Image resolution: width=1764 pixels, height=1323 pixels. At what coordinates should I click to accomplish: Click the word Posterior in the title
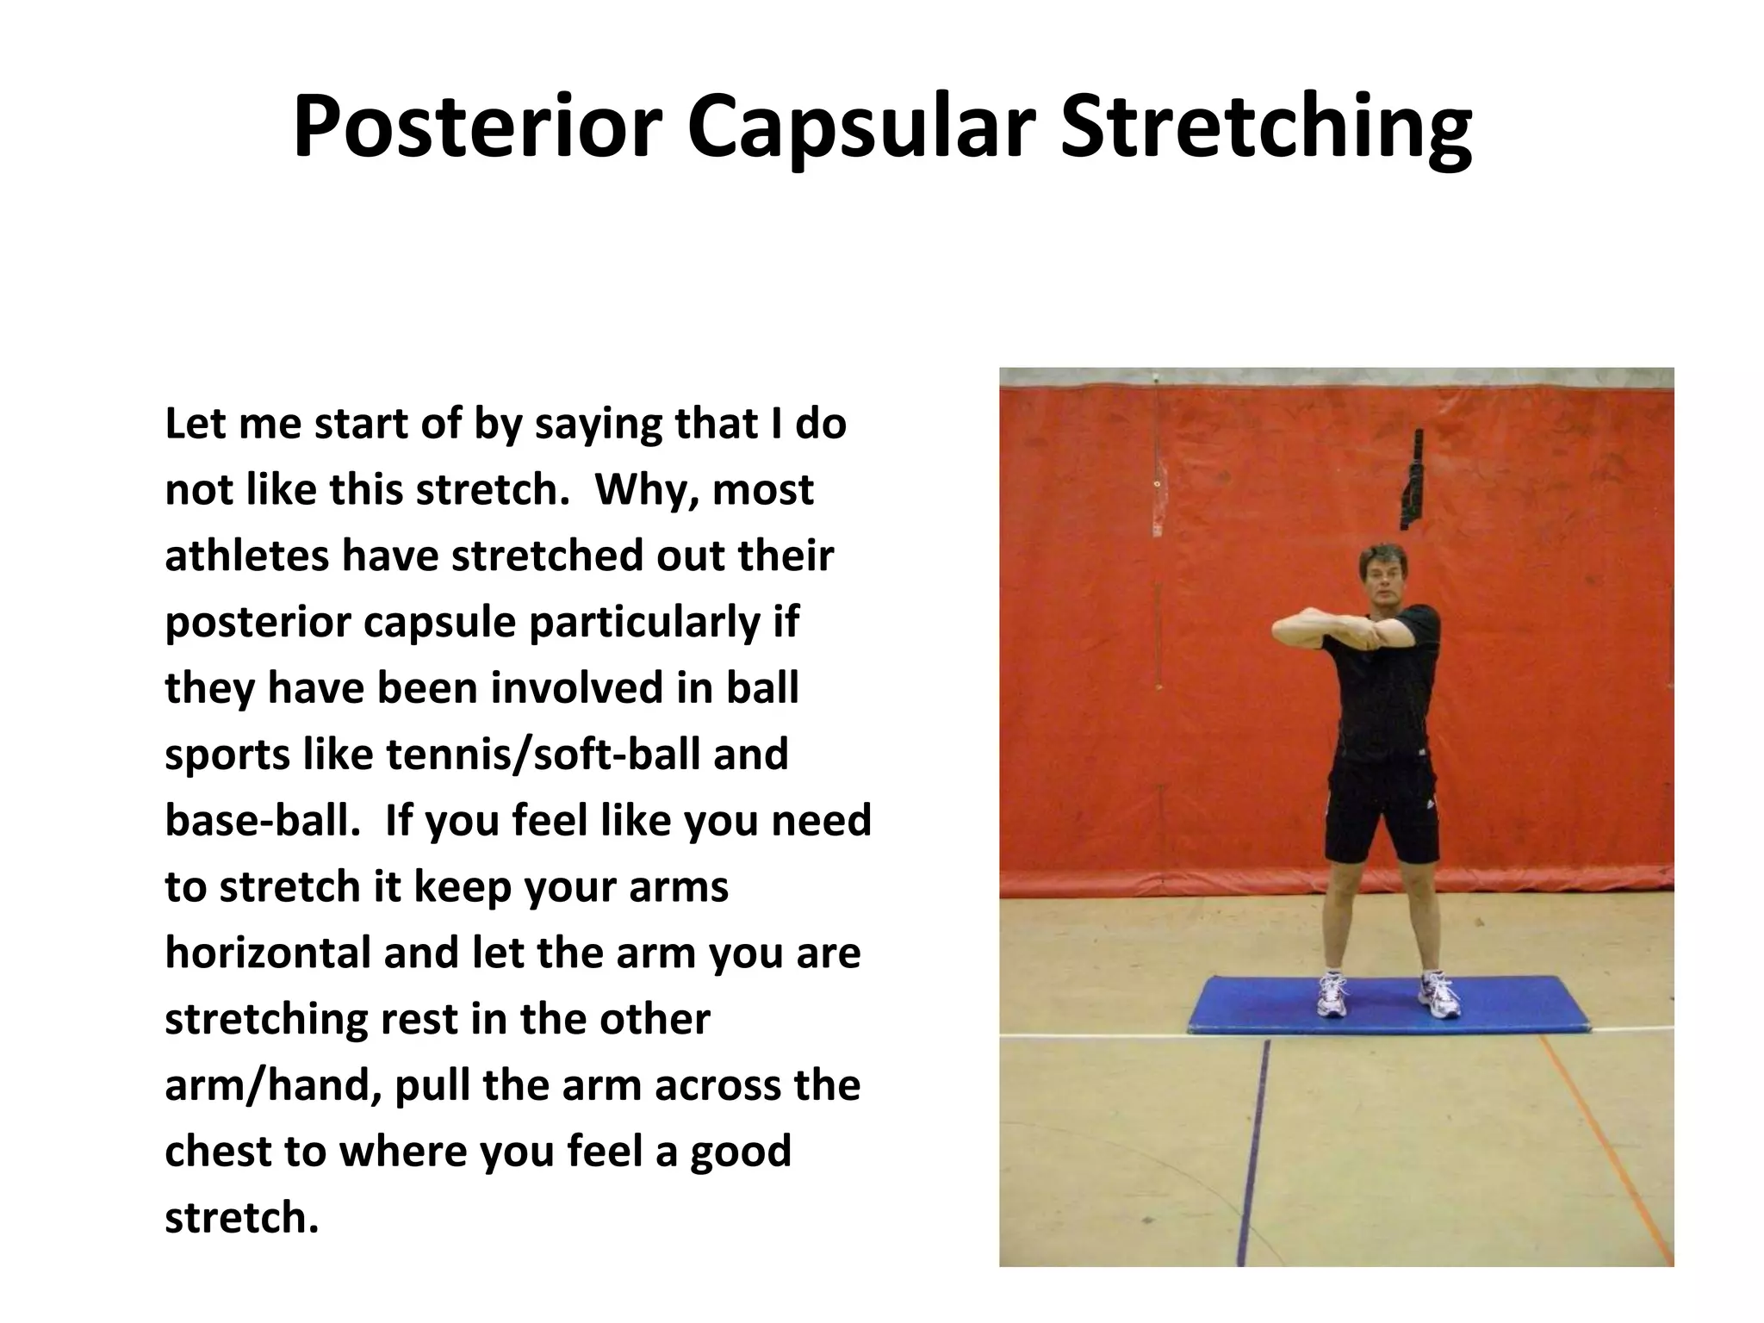click(477, 127)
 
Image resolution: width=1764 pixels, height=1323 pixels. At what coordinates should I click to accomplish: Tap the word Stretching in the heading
click(1265, 127)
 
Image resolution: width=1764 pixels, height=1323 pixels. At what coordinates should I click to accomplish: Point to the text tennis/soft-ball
click(543, 754)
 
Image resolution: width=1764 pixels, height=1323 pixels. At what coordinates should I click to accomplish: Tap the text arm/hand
click(272, 1085)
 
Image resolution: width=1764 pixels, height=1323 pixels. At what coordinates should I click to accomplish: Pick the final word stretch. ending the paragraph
click(241, 1218)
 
